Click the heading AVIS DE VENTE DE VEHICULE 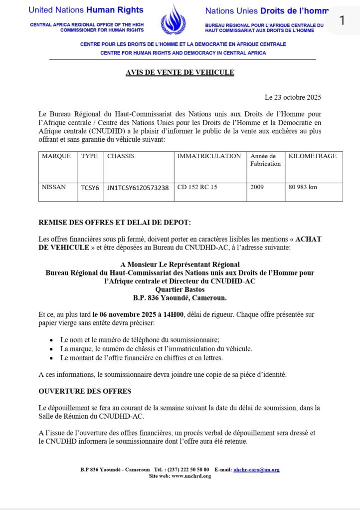coord(180,73)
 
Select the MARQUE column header coord(56,156)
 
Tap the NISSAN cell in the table coord(54,188)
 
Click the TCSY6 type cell coord(90,188)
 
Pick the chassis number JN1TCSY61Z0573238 coord(138,188)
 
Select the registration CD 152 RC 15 coord(197,188)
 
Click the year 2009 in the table coord(258,188)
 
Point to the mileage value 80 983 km coord(303,188)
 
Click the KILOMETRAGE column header coord(312,156)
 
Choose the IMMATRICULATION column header coord(209,156)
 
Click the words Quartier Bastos coord(180,289)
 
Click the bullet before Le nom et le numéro coord(51,339)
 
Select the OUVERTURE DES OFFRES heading coord(85,391)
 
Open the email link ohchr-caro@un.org coord(256,470)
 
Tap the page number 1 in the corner coord(342,20)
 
